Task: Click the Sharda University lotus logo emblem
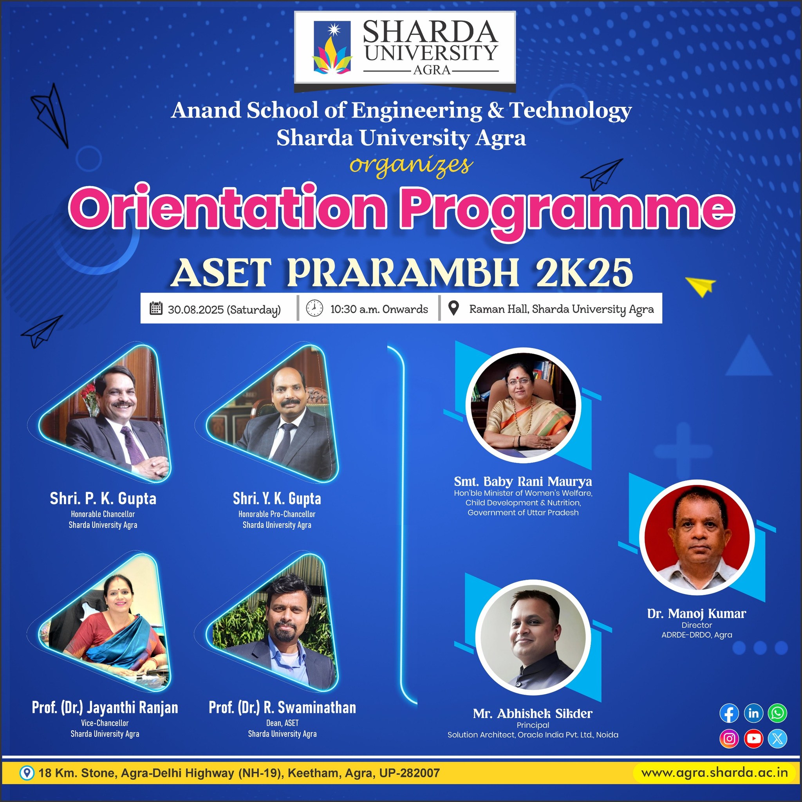tap(332, 48)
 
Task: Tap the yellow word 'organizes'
tap(411, 166)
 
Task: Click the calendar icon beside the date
tap(156, 309)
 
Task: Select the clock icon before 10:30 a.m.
tap(314, 309)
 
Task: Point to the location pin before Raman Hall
tap(454, 308)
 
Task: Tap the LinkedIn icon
tap(753, 713)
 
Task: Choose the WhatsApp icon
tap(777, 713)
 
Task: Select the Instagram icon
tap(729, 739)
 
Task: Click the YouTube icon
tap(753, 739)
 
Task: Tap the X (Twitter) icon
tap(777, 739)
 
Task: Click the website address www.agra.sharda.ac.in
tap(714, 773)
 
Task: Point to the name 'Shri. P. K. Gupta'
tap(103, 499)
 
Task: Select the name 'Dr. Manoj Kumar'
tap(697, 613)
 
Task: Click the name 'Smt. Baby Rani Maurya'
tap(523, 482)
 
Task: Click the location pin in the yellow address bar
tap(27, 773)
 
